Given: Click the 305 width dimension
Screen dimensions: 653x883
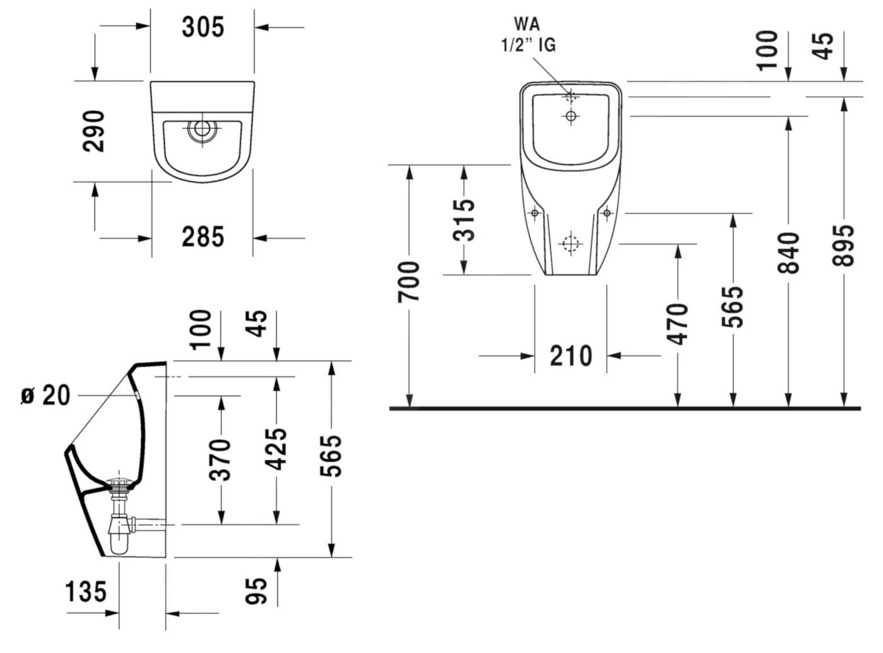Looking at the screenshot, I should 202,27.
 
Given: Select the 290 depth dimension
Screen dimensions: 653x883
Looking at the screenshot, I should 94,130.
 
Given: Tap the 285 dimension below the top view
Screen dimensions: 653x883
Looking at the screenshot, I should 202,237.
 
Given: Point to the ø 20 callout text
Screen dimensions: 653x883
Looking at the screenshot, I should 45,396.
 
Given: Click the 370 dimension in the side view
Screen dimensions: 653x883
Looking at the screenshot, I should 220,459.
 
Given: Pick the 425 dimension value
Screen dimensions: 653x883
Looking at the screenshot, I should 276,449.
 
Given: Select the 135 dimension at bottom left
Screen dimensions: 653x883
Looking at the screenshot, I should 86,592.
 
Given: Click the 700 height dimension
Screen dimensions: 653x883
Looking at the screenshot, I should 409,280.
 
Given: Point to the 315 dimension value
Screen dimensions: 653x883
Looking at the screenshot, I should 464,220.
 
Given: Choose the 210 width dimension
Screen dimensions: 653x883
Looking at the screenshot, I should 571,356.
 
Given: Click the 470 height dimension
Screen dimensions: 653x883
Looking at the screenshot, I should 677,324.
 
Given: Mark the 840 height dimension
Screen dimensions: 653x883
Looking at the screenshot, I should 788,252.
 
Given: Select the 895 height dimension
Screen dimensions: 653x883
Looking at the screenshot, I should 843,245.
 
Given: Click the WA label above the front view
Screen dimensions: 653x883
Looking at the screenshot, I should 527,25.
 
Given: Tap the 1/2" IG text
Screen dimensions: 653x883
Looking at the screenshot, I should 529,45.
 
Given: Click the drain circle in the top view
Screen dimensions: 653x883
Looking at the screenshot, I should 202,130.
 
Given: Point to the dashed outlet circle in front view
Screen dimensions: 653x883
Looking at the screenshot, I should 571,243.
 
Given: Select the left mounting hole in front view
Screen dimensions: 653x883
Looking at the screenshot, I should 535,214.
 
